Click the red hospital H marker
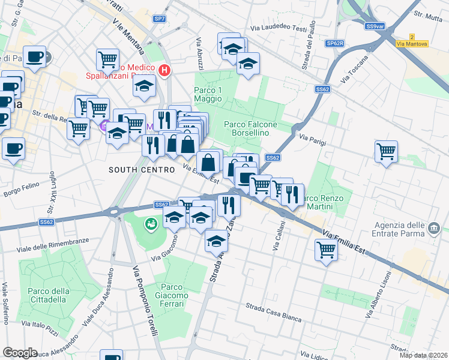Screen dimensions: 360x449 (x=165, y=70)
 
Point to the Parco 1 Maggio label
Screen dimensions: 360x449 (x=208, y=94)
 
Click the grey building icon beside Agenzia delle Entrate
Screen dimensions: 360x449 (x=435, y=228)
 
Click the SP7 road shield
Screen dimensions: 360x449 (x=159, y=19)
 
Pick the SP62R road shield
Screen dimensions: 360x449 (x=335, y=44)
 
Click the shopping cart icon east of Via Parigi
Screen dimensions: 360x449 (x=386, y=151)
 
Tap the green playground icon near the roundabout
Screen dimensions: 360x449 (x=150, y=223)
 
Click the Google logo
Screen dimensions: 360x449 (x=20, y=353)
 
